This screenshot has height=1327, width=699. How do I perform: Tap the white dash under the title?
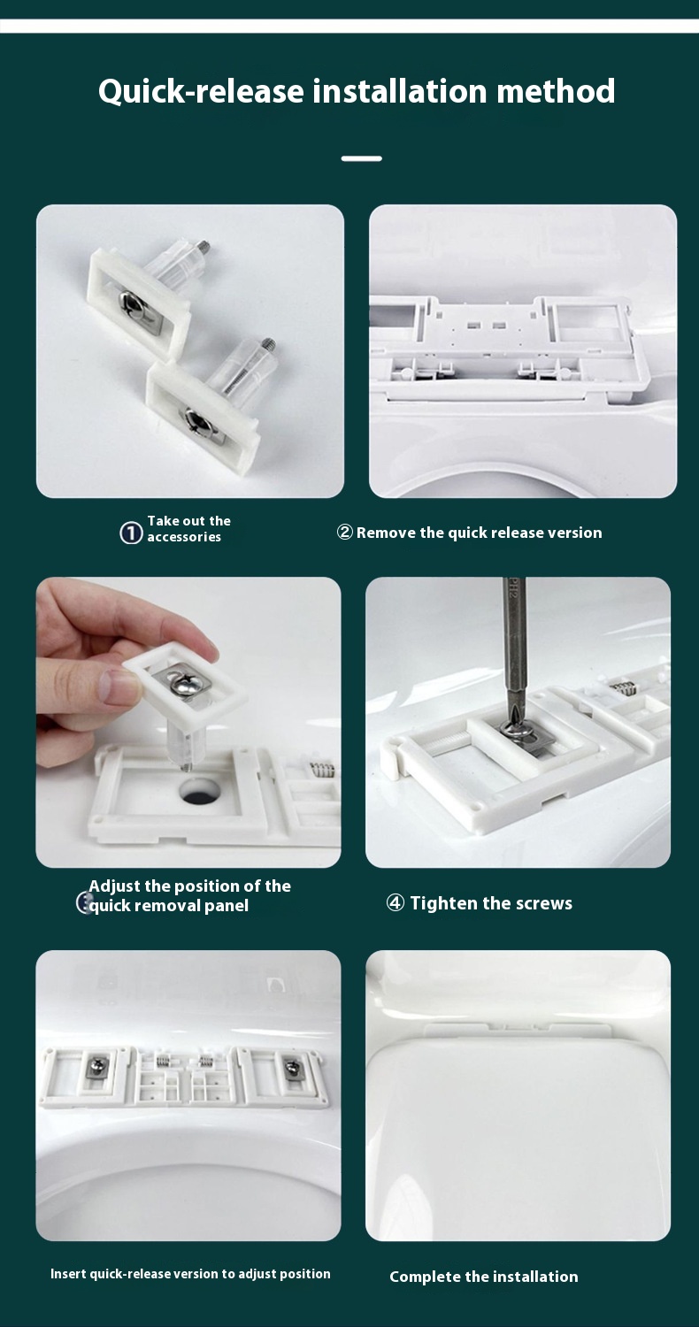click(361, 158)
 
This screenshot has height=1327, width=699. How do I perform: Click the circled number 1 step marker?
click(131, 533)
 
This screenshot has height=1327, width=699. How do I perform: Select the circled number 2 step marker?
click(345, 532)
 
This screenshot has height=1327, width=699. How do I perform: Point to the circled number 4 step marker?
click(396, 903)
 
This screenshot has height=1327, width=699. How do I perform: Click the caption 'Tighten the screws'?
click(491, 903)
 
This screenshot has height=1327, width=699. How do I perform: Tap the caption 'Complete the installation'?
click(483, 1277)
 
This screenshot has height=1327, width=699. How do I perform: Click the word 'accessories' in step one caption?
click(184, 537)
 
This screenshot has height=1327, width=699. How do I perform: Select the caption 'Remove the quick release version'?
click(479, 533)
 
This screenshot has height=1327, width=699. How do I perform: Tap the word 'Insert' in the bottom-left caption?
click(68, 1274)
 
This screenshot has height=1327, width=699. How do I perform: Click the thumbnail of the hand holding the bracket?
click(188, 722)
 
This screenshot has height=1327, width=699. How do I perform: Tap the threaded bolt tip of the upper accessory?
click(202, 248)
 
